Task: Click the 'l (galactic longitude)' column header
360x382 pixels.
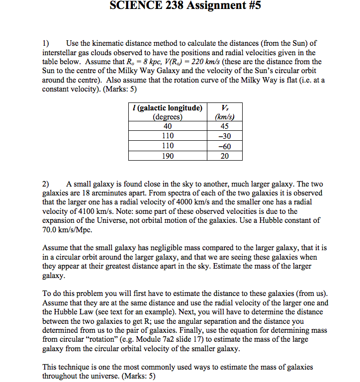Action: [166, 108]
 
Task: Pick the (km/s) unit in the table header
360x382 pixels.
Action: [225, 117]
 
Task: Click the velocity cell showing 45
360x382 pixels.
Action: [225, 126]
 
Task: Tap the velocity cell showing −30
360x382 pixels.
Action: [225, 136]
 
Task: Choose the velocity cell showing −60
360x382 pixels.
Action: [225, 146]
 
